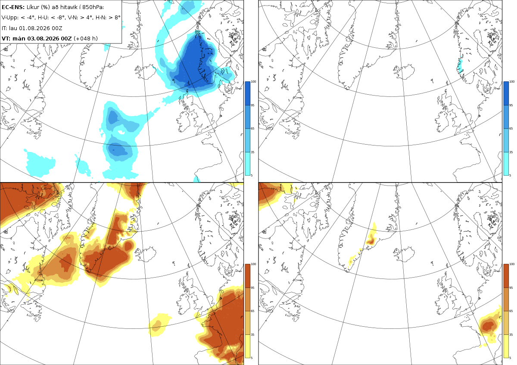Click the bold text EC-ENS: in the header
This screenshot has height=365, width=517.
pyautogui.click(x=13, y=7)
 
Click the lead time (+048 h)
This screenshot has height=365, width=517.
pyautogui.click(x=86, y=38)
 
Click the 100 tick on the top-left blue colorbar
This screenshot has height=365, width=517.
pyautogui.click(x=253, y=82)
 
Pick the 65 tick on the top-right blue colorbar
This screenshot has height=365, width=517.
pyautogui.click(x=511, y=128)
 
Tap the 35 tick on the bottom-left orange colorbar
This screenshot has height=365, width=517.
pyautogui.click(x=252, y=334)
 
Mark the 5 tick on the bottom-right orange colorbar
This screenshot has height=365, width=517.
pyautogui.click(x=510, y=358)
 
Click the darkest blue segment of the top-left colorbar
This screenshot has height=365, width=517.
pyautogui.click(x=247, y=93)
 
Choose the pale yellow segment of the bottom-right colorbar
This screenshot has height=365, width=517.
pyautogui.click(x=506, y=346)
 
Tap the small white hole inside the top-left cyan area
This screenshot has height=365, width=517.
pyautogui.click(x=121, y=132)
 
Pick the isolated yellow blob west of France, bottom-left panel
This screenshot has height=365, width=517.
pyautogui.click(x=159, y=325)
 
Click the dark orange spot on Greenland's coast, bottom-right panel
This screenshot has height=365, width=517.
pyautogui.click(x=371, y=241)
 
